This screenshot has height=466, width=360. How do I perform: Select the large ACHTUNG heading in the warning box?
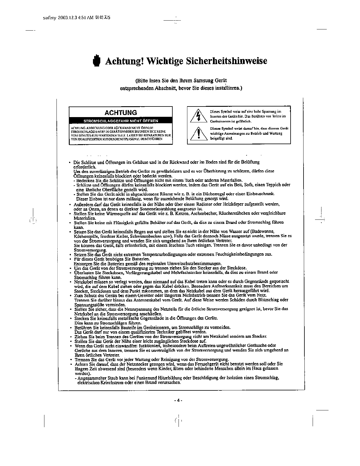(121, 112)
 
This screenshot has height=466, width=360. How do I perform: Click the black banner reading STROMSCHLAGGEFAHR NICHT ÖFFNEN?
(121, 121)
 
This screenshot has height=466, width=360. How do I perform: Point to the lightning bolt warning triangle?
(199, 116)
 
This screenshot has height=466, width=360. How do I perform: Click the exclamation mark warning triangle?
(199, 134)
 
